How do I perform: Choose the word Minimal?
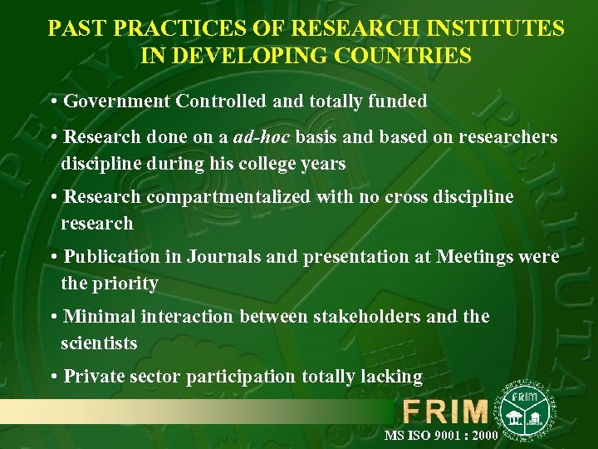coord(100,317)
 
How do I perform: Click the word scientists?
coord(99,343)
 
